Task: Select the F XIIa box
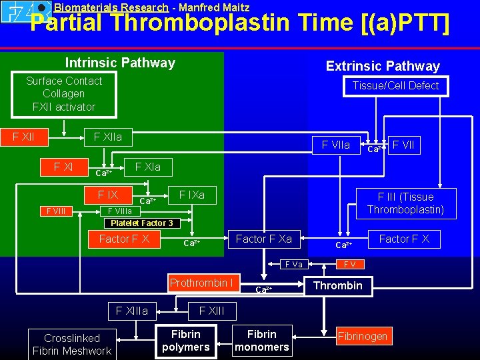coord(108,137)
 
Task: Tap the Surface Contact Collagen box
coord(64,94)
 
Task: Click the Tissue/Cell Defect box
coord(395,85)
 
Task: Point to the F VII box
coord(405,145)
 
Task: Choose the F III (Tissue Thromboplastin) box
coord(405,203)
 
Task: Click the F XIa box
coord(147,167)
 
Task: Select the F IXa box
coord(191,195)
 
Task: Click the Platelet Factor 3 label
coord(141,223)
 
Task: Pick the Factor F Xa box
coord(263,239)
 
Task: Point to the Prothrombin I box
coord(201,283)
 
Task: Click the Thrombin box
coord(338,285)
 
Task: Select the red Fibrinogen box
coord(362,336)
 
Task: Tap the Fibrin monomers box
coord(262,340)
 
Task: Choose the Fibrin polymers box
coord(186,340)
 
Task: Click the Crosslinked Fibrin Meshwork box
coord(72,344)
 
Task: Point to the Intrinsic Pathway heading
coord(120,63)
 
